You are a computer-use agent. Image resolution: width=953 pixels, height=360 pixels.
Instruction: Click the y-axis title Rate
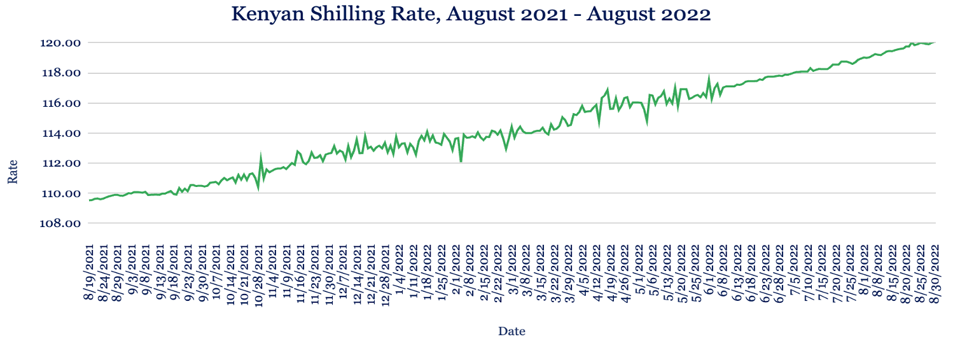point(13,172)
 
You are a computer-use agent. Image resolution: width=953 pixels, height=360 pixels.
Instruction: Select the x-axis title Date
point(511,331)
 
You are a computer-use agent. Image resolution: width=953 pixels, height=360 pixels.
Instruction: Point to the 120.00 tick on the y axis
point(60,43)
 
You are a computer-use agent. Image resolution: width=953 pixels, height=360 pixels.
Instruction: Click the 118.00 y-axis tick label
point(61,73)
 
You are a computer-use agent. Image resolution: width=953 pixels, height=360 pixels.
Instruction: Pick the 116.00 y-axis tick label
point(61,104)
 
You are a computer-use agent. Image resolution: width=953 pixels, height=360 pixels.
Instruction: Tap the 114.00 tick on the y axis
point(61,134)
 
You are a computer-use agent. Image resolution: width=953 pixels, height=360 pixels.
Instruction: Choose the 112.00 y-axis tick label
point(61,163)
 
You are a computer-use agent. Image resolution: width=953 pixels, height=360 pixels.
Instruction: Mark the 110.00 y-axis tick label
point(61,193)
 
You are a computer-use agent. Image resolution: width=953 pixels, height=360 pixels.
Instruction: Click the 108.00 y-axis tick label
point(60,223)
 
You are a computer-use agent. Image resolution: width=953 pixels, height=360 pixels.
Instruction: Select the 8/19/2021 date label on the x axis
point(89,272)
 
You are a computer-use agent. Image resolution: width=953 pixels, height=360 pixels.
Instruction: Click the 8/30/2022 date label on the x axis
point(935,272)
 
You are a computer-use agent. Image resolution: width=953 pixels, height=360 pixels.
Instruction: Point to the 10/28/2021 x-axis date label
point(258,275)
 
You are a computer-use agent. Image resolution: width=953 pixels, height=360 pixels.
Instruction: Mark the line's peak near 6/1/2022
point(709,77)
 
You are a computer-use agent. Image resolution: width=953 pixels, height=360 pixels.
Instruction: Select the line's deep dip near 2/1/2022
point(461,161)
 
